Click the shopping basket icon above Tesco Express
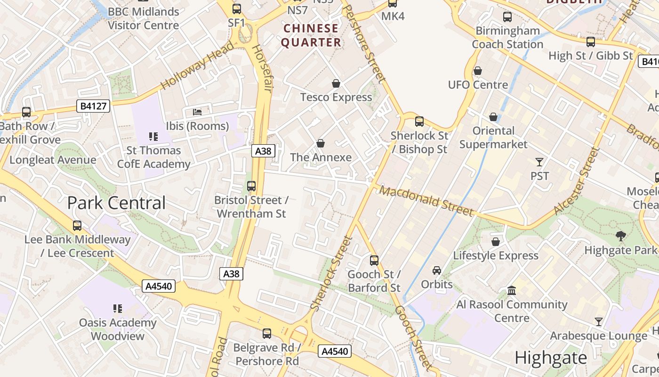(x=336, y=84)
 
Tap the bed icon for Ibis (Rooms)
(x=198, y=112)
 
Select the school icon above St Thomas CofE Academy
(x=153, y=137)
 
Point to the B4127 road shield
(x=93, y=106)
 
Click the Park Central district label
(x=116, y=203)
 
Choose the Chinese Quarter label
(x=311, y=35)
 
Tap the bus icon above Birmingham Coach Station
(x=507, y=17)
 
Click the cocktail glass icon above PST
(x=539, y=162)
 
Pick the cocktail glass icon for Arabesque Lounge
(x=598, y=322)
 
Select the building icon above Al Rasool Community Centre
(x=512, y=290)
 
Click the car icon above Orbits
(x=437, y=270)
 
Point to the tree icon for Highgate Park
(x=620, y=236)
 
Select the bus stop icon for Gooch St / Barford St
(x=374, y=260)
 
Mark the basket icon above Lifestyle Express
(x=496, y=242)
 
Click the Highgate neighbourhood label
(x=551, y=358)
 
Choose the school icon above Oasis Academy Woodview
(x=118, y=309)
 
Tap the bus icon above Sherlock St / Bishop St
(x=419, y=122)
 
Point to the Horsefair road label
(x=262, y=68)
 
